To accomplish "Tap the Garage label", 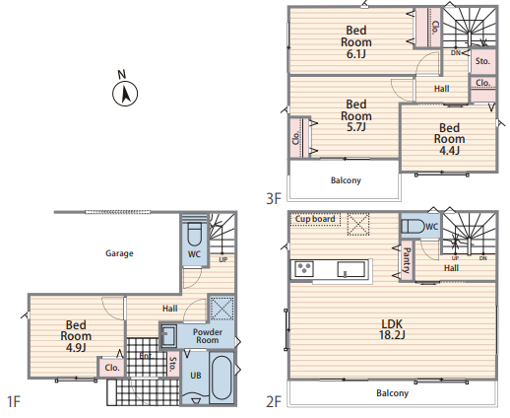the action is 119,253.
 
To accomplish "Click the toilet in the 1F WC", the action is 194,234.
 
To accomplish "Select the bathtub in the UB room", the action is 223,378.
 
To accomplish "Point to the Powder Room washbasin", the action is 169,335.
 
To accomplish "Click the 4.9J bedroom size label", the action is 76,347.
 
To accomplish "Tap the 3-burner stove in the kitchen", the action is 304,269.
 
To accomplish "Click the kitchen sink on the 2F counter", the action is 351,269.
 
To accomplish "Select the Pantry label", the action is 407,260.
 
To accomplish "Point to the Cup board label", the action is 315,219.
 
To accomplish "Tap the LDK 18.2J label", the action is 392,329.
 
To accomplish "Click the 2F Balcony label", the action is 393,393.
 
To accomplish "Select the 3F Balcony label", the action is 346,180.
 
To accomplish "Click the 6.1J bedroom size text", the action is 356,53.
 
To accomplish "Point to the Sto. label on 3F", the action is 482,61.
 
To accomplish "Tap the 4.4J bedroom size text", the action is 450,150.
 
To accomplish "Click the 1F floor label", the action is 14,401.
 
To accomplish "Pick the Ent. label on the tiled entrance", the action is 147,356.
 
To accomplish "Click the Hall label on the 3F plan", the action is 442,89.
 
